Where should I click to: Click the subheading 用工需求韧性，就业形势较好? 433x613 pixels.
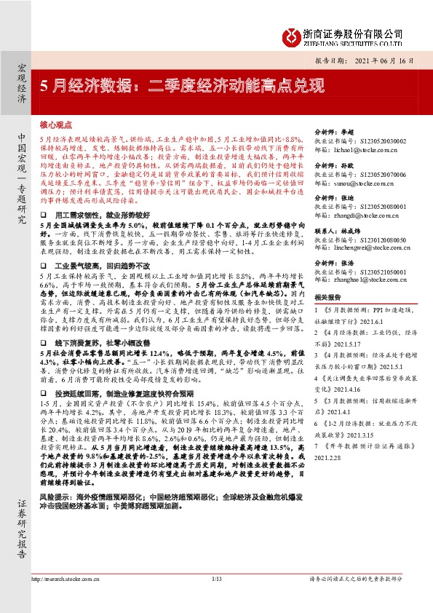click(x=98, y=216)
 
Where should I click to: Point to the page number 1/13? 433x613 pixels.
click(x=216, y=599)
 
